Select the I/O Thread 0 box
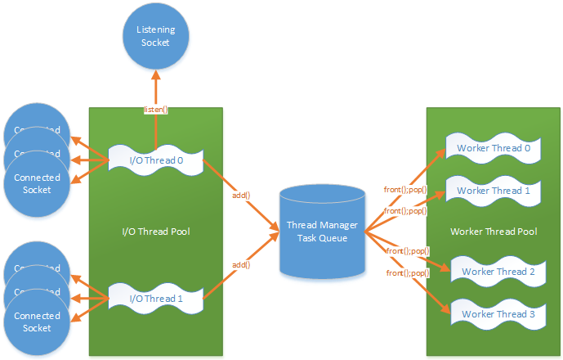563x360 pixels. click(x=154, y=159)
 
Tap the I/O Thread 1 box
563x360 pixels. click(x=154, y=297)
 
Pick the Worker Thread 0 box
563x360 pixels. click(x=494, y=148)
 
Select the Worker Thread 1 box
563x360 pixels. click(x=494, y=191)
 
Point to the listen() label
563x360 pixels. click(x=155, y=110)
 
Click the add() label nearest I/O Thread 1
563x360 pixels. click(x=240, y=264)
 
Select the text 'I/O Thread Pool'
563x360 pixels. click(x=155, y=231)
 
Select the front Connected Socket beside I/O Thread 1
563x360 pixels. click(x=38, y=321)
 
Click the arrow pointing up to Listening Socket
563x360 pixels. click(x=155, y=90)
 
